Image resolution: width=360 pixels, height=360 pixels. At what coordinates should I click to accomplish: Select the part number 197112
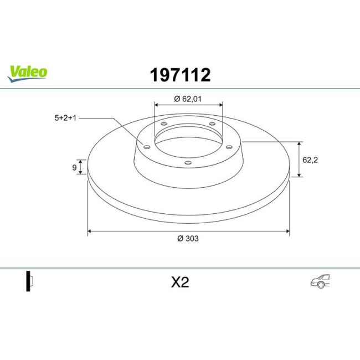point(181,75)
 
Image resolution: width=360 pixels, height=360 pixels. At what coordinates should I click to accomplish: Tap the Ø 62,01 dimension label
point(188,99)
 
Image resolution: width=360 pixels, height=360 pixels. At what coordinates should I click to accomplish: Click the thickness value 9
point(75,167)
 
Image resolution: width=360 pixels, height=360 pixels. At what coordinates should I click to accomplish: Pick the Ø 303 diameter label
point(188,239)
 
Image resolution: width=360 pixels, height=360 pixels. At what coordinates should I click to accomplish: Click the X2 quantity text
point(180,282)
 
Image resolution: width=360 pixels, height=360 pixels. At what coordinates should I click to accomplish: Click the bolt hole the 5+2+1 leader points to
point(147,147)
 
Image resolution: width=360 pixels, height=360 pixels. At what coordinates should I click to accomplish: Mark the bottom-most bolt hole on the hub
point(187,162)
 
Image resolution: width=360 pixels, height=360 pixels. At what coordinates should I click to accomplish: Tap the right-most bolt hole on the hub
point(228,146)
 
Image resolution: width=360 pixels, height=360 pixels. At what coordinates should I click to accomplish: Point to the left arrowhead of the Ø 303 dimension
point(90,231)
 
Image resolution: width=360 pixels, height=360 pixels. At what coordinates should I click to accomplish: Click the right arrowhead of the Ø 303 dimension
point(286,231)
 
